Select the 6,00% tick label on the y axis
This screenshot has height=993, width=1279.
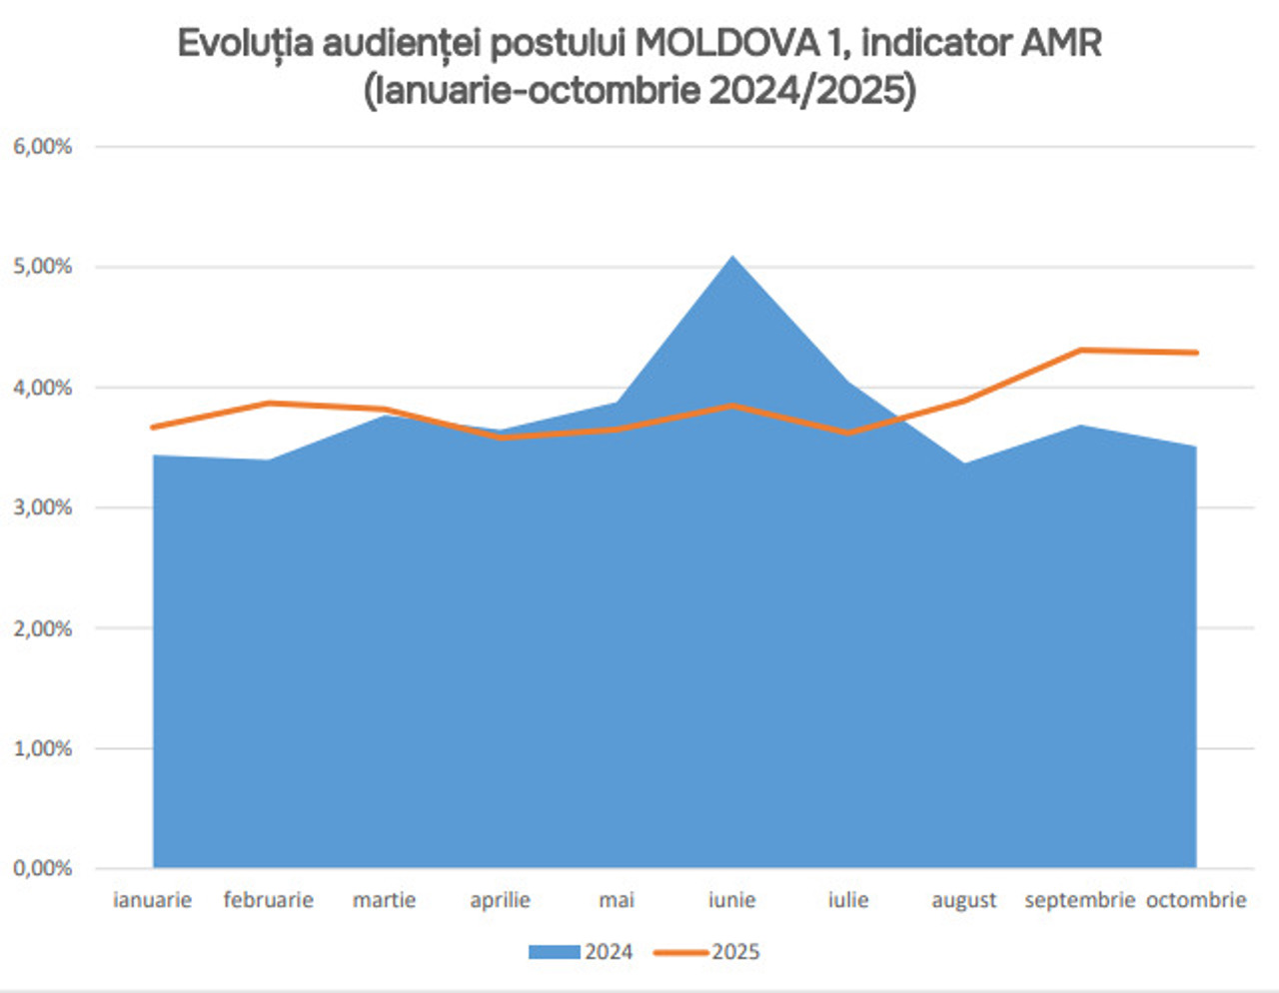[43, 147]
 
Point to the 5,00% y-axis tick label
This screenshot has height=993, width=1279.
[43, 267]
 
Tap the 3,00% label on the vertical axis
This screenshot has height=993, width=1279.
[43, 507]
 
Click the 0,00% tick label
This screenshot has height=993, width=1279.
[43, 868]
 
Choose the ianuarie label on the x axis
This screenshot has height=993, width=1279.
[152, 900]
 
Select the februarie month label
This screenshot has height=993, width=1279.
[268, 900]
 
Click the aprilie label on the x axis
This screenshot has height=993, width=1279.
[500, 900]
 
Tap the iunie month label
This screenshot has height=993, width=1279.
[731, 900]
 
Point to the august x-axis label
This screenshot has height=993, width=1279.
[963, 901]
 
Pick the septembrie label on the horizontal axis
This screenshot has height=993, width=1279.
[1079, 900]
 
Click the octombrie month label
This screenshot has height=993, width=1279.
[1196, 900]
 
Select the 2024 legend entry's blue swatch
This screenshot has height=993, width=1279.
[555, 952]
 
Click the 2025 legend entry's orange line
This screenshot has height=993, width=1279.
[680, 952]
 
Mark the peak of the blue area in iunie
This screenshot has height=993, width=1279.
[732, 257]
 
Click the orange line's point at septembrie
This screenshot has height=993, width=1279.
[1080, 350]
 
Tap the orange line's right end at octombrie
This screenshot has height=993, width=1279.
[1196, 353]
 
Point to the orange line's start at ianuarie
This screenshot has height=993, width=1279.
[153, 427]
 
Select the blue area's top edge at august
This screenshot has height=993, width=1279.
[964, 463]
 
